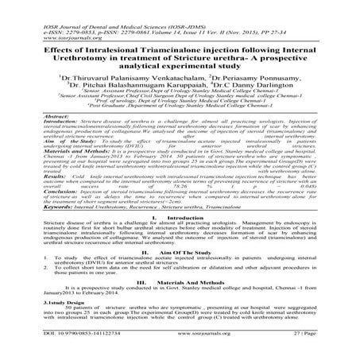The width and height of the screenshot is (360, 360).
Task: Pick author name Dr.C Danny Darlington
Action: (x=247, y=86)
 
